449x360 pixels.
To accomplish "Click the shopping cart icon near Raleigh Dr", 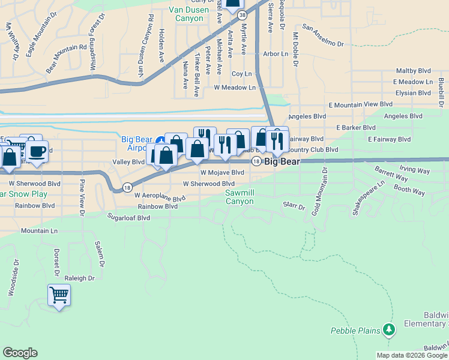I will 59,295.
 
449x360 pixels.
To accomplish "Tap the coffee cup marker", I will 37,151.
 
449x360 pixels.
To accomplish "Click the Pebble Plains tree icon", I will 390,329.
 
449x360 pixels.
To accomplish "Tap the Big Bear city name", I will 282,161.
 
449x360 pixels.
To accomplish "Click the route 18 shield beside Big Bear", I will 256,161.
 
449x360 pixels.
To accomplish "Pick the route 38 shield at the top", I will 241,14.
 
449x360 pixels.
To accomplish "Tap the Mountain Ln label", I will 39,230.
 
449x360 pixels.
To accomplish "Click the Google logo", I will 20,353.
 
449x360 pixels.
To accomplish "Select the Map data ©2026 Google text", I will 411,355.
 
